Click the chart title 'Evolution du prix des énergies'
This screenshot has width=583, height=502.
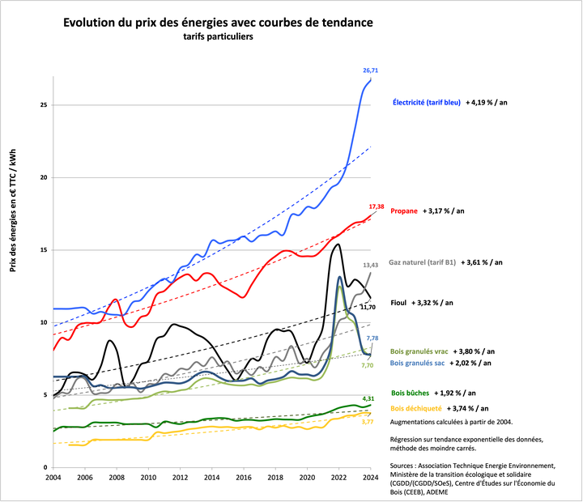[x=218, y=23]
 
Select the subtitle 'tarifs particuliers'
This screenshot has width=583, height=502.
[x=218, y=39]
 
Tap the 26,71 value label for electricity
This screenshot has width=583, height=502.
[x=370, y=71]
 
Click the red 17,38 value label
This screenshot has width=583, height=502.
[x=377, y=207]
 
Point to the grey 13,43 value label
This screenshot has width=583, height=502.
[x=371, y=265]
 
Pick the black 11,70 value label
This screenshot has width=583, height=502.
[x=368, y=308]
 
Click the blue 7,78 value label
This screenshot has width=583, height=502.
[x=372, y=338]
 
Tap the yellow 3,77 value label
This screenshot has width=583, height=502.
[x=367, y=422]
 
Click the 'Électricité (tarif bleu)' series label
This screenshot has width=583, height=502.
[x=427, y=103]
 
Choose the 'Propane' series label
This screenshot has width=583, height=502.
[x=404, y=211]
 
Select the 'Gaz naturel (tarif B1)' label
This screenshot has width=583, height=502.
[x=423, y=262]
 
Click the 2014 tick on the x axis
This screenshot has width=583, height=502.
[x=211, y=478]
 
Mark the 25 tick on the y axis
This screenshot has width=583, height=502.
[x=44, y=105]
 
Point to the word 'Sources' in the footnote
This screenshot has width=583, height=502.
[x=405, y=466]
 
